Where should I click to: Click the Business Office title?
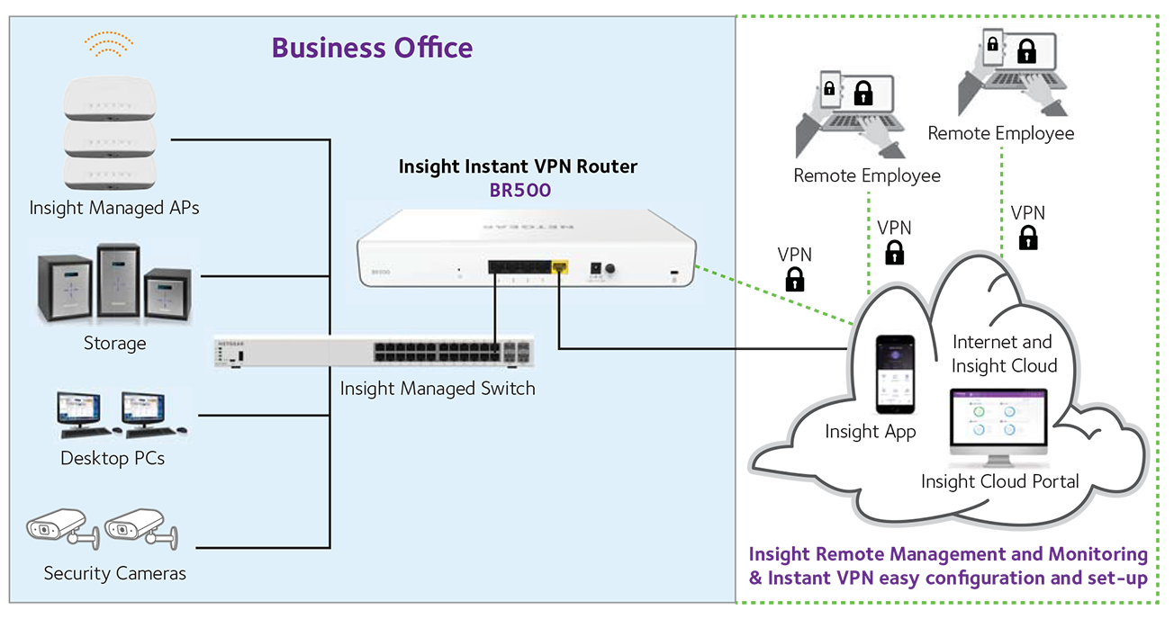(372, 47)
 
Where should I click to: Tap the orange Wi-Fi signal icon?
(109, 41)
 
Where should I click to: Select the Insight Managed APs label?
(114, 208)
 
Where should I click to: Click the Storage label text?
(114, 343)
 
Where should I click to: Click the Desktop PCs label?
(113, 458)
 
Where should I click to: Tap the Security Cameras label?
(114, 573)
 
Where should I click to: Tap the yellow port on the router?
(560, 267)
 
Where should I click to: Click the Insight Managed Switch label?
(438, 389)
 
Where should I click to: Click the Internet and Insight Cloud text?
(1003, 354)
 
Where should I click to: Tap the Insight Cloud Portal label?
(999, 481)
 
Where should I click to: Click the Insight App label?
(870, 432)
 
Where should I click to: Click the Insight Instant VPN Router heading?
(518, 166)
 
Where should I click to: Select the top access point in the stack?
(109, 100)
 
